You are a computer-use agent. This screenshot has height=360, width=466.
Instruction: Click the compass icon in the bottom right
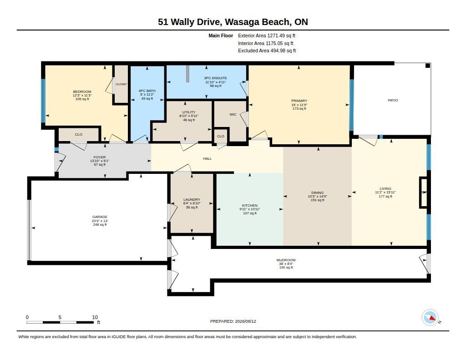430,318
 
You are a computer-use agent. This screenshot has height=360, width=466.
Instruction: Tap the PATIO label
393,101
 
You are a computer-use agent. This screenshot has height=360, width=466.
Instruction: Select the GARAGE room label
100,217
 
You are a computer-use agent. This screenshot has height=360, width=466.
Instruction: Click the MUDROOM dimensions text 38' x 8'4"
286,264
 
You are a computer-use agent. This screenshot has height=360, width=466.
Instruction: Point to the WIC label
233,114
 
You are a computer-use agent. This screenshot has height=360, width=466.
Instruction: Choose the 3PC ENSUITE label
215,78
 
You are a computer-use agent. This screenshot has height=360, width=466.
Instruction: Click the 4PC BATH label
147,91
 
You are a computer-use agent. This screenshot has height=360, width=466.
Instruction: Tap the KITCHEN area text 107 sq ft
250,213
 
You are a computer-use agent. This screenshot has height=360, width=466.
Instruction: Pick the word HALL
208,159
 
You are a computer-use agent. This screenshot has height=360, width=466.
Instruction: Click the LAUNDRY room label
192,199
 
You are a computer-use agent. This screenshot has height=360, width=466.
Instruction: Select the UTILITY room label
189,112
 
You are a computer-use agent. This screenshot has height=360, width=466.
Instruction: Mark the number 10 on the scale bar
95,317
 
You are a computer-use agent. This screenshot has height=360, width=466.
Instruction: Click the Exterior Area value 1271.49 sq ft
281,35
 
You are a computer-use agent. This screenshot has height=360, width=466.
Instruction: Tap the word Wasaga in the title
241,22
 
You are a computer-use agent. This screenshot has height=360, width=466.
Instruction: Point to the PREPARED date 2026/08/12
245,321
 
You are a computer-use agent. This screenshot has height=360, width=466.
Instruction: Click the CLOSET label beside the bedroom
121,85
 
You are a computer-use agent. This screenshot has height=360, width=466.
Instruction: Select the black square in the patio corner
428,66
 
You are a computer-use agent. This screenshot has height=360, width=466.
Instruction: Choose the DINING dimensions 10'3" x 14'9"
317,197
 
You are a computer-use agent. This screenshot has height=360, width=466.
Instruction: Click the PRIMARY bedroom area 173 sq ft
299,109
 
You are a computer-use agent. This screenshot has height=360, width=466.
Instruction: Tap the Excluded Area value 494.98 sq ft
283,51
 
